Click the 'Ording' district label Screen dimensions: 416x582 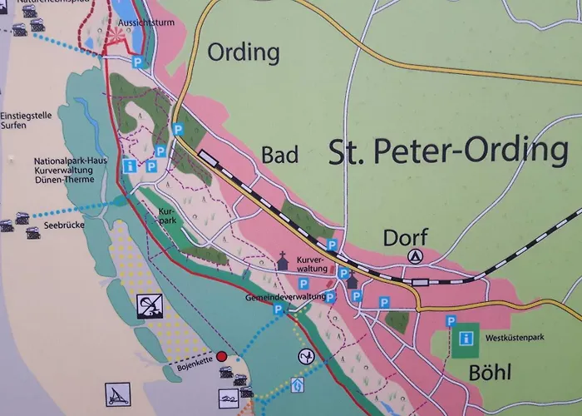(x=243, y=52)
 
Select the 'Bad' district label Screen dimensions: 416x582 (x=279, y=155)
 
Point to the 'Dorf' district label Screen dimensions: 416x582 (x=405, y=238)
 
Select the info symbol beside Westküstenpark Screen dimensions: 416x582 (x=467, y=339)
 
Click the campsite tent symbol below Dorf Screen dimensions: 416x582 (x=416, y=256)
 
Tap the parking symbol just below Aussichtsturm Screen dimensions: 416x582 (x=139, y=62)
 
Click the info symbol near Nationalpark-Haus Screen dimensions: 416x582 (x=129, y=166)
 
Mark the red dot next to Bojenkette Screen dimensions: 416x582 (x=221, y=355)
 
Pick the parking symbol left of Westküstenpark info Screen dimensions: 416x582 (x=450, y=321)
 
